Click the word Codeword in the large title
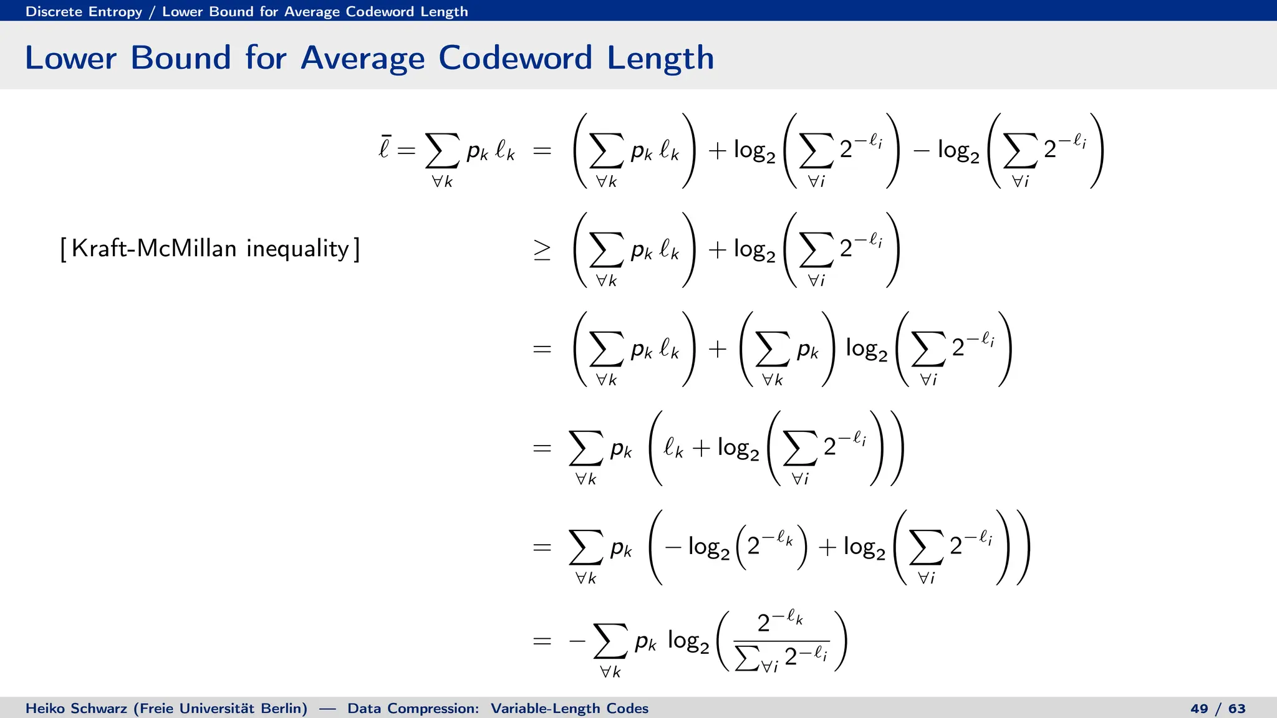[515, 58]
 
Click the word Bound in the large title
[181, 58]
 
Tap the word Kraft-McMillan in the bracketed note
[154, 248]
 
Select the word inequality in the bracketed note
[297, 249]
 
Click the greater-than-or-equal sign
[542, 250]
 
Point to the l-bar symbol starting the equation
[385, 148]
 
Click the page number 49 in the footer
[1199, 709]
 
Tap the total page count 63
[1237, 709]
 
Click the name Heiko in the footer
[45, 709]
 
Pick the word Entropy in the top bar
[115, 12]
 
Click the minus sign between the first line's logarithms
[922, 151]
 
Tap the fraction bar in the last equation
[781, 641]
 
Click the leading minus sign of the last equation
[577, 641]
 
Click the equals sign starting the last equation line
[542, 641]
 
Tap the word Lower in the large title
[70, 58]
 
